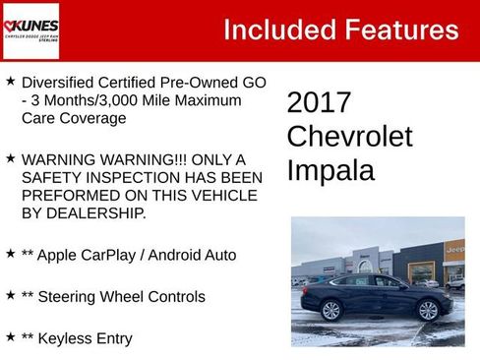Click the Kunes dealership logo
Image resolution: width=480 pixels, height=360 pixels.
[30, 30]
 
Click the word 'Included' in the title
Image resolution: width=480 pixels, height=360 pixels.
[276, 30]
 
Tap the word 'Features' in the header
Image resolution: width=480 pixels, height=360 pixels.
[398, 30]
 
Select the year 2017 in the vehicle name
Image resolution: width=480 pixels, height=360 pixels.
[319, 103]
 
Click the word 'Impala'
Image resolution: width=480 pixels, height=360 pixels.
[330, 170]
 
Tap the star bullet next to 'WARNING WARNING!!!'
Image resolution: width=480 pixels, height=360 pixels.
[10, 158]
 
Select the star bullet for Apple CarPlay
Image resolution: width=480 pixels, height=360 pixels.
[10, 254]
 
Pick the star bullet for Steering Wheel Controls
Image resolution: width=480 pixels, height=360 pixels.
[10, 295]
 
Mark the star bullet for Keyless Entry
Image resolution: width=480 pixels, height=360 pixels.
[10, 337]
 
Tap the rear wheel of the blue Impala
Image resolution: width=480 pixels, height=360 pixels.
[330, 311]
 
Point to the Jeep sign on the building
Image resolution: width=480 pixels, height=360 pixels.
[456, 251]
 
